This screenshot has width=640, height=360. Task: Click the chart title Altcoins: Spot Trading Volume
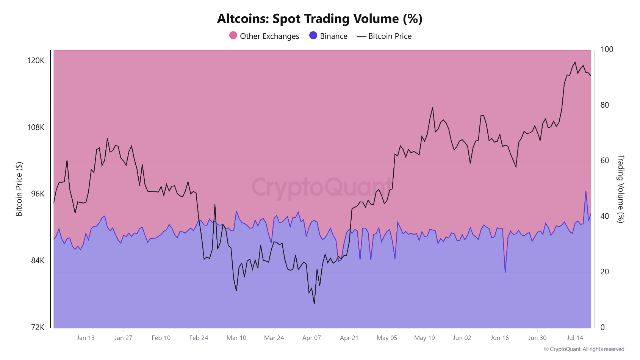pyautogui.click(x=319, y=19)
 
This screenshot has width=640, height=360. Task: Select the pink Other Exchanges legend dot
pyautogui.click(x=233, y=36)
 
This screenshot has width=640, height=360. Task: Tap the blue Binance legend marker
pyautogui.click(x=313, y=36)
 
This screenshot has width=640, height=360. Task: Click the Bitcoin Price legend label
pyautogui.click(x=390, y=36)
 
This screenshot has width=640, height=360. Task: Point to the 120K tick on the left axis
pyautogui.click(x=36, y=61)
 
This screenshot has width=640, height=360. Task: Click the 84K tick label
pyautogui.click(x=38, y=260)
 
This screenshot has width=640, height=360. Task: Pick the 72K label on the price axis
pyautogui.click(x=38, y=327)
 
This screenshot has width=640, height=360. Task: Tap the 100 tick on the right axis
pyautogui.click(x=607, y=49)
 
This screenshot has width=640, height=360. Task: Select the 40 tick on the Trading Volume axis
pyautogui.click(x=604, y=216)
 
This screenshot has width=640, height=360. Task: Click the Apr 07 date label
pyautogui.click(x=311, y=338)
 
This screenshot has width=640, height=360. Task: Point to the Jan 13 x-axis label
pyautogui.click(x=86, y=338)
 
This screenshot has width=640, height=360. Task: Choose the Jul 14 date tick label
pyautogui.click(x=575, y=338)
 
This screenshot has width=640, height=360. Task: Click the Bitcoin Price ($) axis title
pyautogui.click(x=19, y=189)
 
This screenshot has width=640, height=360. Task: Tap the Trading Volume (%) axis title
pyautogui.click(x=620, y=189)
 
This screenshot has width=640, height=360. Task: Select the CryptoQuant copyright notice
pyautogui.click(x=584, y=349)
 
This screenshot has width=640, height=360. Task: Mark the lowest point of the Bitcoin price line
pyautogui.click(x=314, y=304)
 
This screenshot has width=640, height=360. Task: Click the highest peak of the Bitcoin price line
pyautogui.click(x=575, y=62)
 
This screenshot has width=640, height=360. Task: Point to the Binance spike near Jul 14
pyautogui.click(x=586, y=191)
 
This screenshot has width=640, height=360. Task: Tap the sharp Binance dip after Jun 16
pyautogui.click(x=505, y=272)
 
